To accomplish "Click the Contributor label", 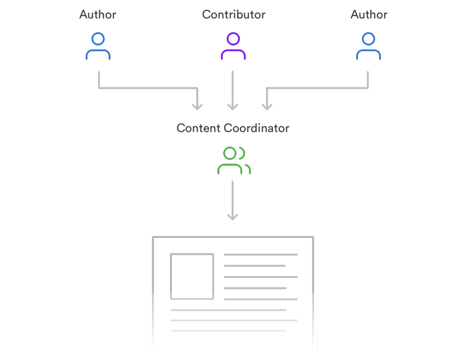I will point(234,15).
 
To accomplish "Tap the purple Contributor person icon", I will point(233,46).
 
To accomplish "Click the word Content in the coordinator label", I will point(199,128).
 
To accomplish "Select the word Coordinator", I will point(257,128).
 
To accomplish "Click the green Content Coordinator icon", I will point(233,160).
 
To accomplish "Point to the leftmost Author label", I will point(98,15).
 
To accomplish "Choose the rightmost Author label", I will point(369,15).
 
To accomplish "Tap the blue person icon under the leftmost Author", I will point(98,46).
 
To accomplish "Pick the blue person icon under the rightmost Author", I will point(368,46).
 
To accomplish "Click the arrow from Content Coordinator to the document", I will point(232,200).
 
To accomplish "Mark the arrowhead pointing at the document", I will point(232,217).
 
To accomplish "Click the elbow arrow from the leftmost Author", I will point(147,87).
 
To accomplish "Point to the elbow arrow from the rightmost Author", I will point(319,87).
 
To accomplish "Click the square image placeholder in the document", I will point(192,276).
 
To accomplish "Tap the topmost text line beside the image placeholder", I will point(261,255).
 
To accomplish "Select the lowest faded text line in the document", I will point(228,331).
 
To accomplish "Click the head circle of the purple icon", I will point(233,39).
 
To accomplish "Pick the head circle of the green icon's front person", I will point(230,153).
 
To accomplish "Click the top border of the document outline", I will point(233,237).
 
